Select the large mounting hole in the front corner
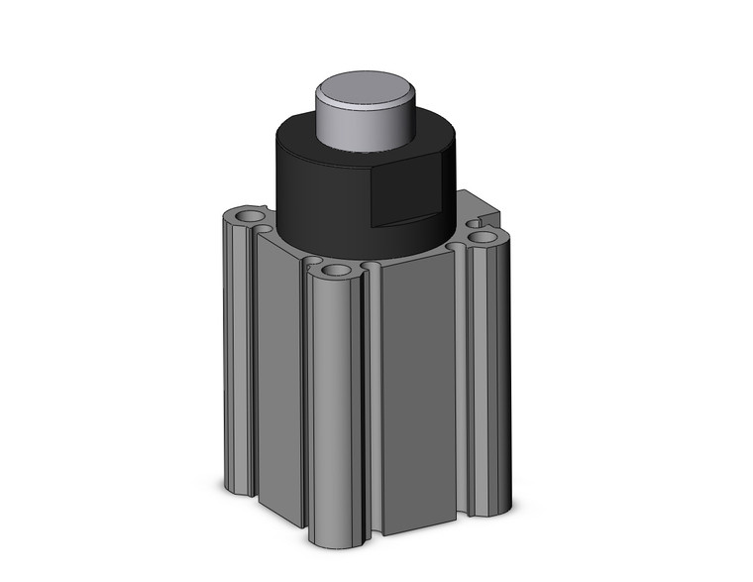[337, 270]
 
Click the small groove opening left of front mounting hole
[312, 262]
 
